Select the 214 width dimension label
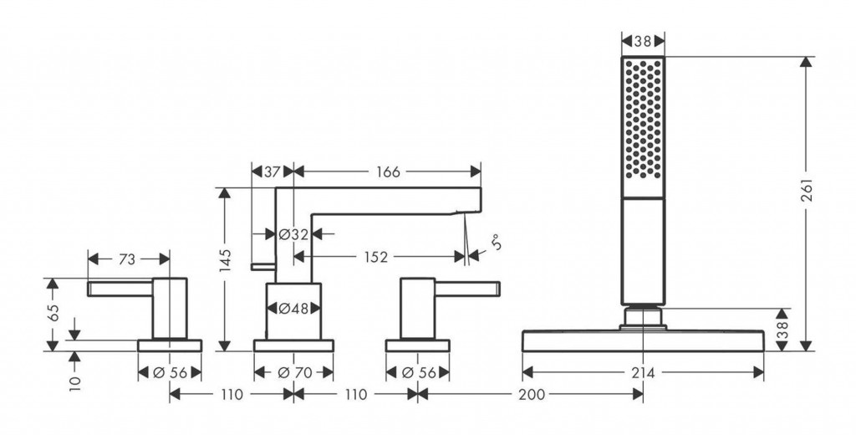tap(642, 372)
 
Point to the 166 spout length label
tap(388, 171)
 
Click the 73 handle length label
tap(126, 259)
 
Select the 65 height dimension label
tap(53, 314)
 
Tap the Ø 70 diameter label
tap(293, 372)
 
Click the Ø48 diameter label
tap(293, 309)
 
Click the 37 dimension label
tap(273, 171)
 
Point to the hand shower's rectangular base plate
tap(643, 341)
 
